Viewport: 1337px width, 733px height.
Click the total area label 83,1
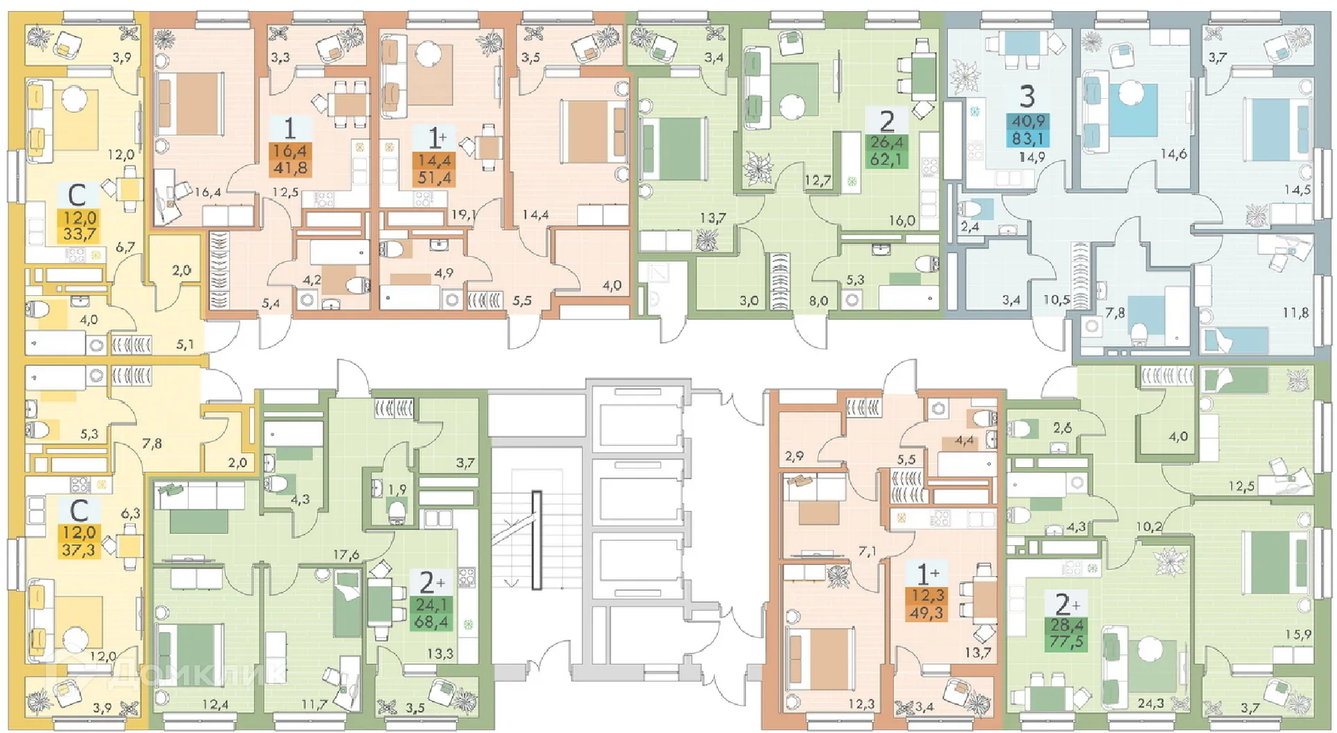(x=1027, y=138)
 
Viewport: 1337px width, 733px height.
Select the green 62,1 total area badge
(x=886, y=159)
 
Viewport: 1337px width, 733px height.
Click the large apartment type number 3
(x=1027, y=97)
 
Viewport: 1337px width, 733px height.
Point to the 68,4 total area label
(x=431, y=622)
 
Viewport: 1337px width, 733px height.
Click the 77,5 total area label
(x=1066, y=641)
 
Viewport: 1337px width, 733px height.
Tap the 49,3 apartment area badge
(x=927, y=613)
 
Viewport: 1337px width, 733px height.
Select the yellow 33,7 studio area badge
(x=79, y=234)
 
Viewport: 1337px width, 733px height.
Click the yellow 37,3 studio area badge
(x=79, y=550)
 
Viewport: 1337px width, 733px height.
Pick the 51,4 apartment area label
(x=434, y=178)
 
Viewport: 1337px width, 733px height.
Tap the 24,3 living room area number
(x=1150, y=704)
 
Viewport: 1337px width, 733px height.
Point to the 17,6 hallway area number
(x=345, y=555)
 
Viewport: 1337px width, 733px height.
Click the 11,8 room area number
(x=1295, y=313)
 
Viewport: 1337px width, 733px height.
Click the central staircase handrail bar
(x=537, y=539)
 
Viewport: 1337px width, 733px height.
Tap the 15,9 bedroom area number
(x=1298, y=635)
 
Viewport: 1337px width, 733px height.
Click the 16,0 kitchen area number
(x=901, y=221)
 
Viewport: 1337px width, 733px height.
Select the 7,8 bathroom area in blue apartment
(x=1115, y=313)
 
